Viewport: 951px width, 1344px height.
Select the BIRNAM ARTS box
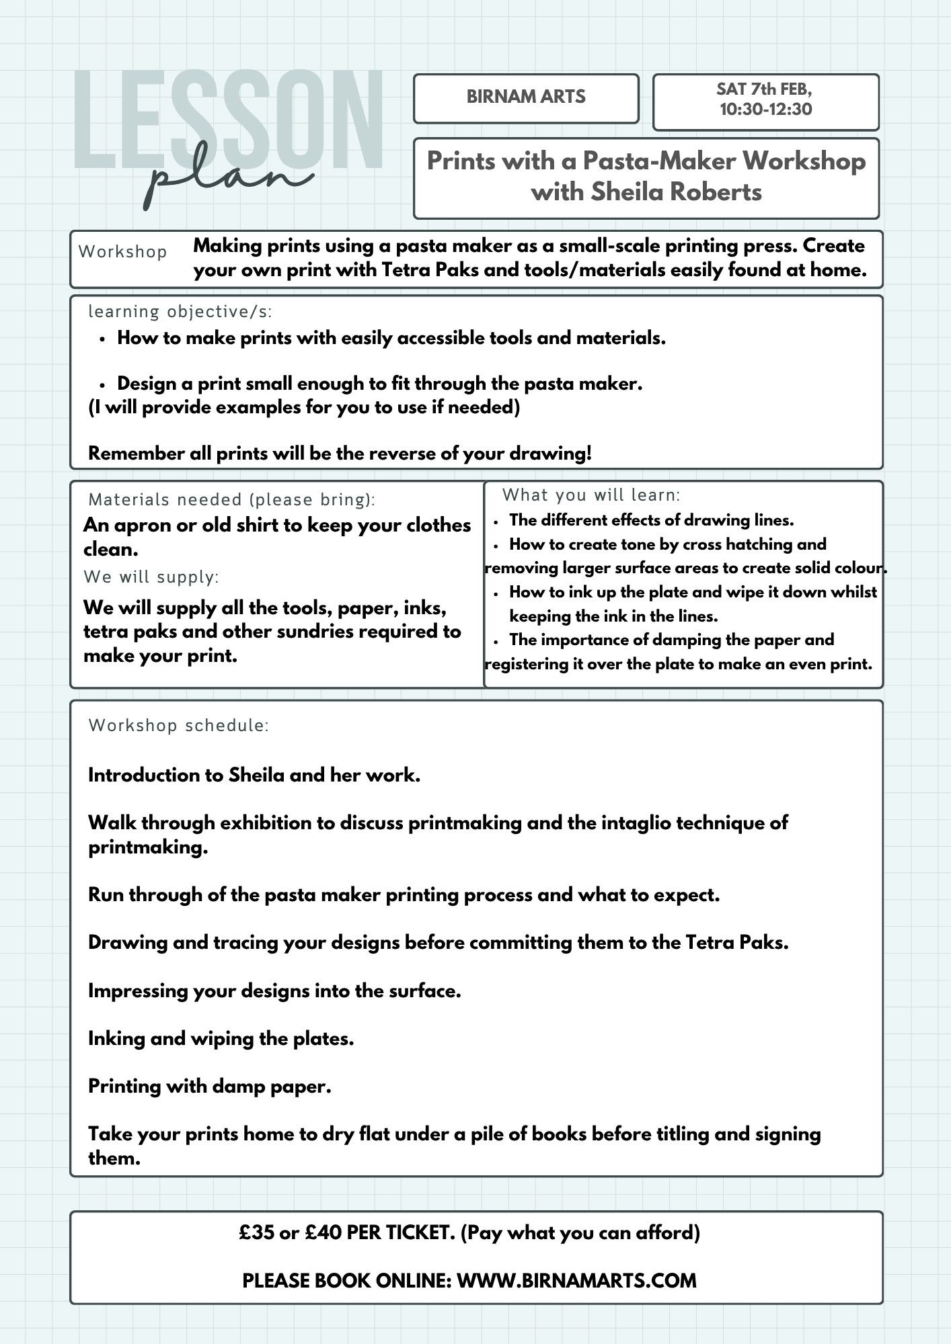526,97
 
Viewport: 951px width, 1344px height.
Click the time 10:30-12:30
766,110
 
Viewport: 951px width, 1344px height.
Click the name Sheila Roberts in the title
677,192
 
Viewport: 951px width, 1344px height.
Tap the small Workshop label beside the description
123,252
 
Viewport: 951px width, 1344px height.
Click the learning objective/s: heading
180,312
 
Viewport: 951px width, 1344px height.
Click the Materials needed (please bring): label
232,500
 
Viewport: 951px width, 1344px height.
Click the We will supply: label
151,577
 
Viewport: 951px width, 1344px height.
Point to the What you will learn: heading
591,495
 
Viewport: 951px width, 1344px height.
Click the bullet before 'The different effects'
496,521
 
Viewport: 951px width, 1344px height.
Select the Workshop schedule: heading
179,726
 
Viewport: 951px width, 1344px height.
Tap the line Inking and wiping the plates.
221,1039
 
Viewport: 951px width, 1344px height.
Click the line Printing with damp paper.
210,1087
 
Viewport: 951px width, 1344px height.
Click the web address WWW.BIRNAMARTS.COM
576,1281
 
